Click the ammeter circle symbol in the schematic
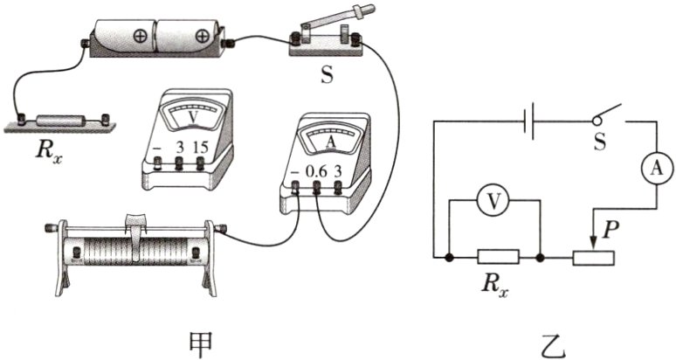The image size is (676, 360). click(656, 169)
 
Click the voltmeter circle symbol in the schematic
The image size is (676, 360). click(494, 200)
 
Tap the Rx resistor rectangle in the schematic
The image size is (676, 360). click(499, 257)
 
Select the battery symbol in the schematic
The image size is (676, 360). click(529, 121)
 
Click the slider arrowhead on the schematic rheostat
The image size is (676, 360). click(594, 244)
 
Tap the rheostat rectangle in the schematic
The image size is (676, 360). click(593, 258)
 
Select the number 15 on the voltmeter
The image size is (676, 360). click(201, 148)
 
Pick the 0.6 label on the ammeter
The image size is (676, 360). click(316, 172)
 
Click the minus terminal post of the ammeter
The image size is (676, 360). click(296, 187)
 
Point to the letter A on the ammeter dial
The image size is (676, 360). click(331, 142)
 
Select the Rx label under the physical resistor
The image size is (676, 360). click(48, 152)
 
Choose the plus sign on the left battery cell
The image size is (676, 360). click(140, 37)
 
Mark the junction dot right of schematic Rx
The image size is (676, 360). click(540, 258)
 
